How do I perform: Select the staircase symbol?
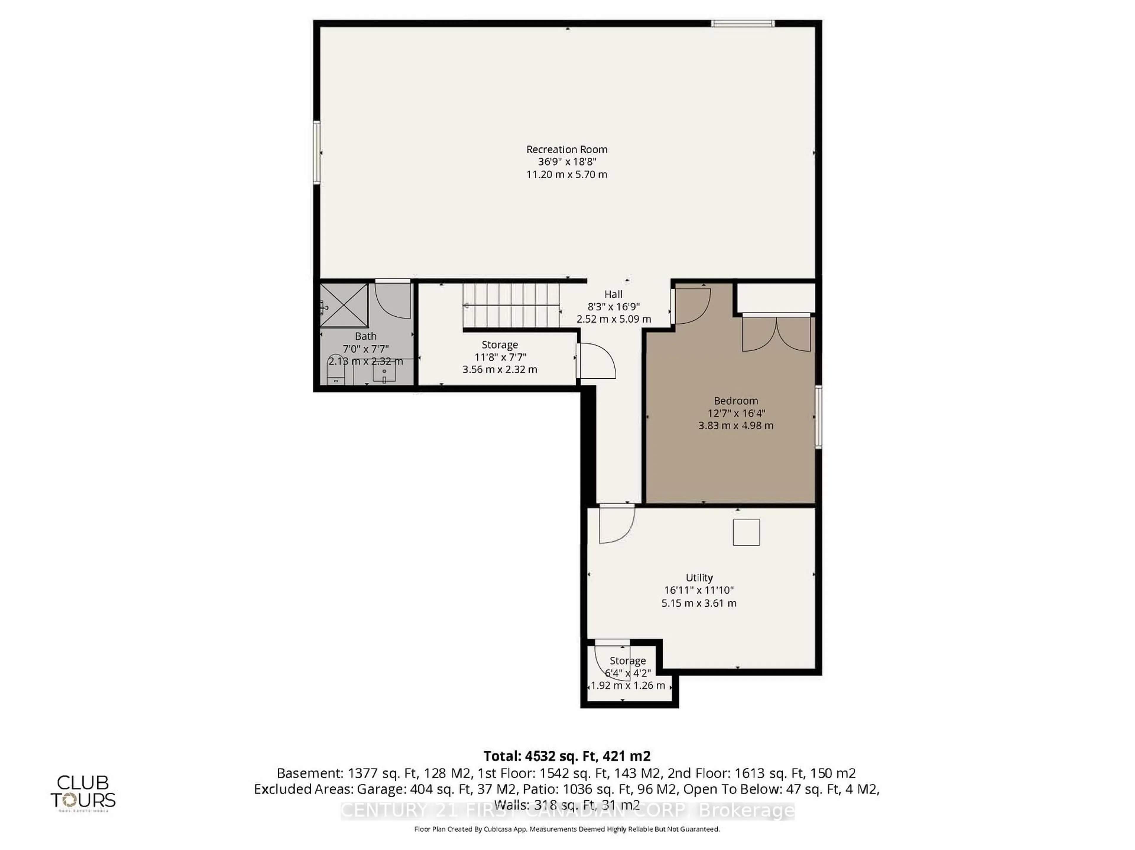(x=511, y=306)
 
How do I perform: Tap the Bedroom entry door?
(x=691, y=306)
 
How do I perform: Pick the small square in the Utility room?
(x=746, y=532)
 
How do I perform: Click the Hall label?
(x=613, y=294)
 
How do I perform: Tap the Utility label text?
(x=699, y=578)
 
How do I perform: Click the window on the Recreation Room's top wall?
(x=742, y=23)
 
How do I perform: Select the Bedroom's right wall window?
(x=818, y=417)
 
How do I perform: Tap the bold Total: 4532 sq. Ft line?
(x=567, y=756)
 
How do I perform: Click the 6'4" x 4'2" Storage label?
(x=628, y=672)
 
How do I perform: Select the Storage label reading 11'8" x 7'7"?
(x=500, y=357)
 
